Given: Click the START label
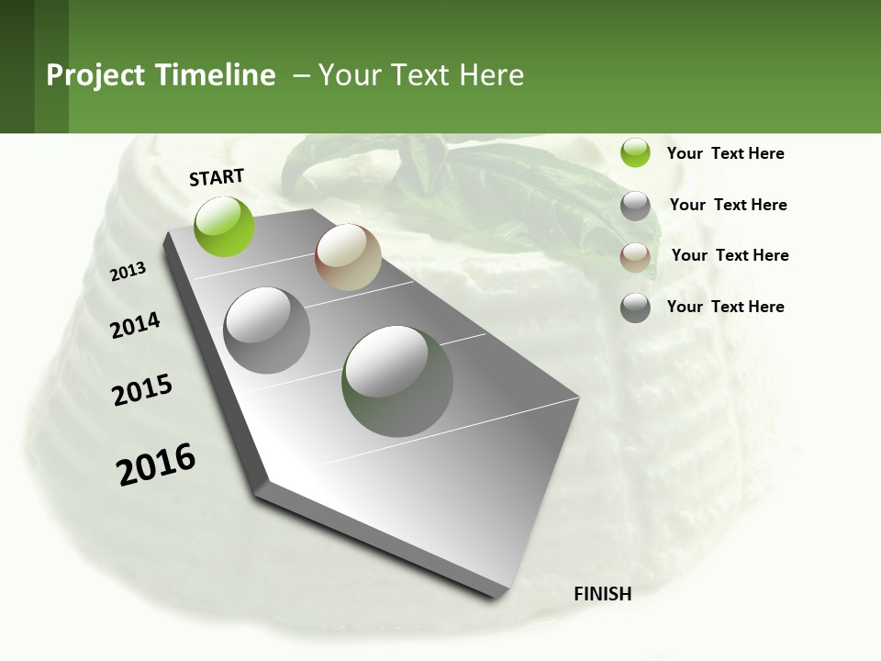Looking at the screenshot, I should tap(217, 177).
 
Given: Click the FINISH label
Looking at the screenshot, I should tap(602, 594).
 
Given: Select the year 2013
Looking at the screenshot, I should tap(128, 271).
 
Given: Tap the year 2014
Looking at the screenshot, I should tap(135, 325).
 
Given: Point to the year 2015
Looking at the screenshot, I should tap(142, 390).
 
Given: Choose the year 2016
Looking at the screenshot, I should tap(156, 465).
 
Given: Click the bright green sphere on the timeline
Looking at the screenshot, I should tap(225, 226).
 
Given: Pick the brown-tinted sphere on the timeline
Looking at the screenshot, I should tap(348, 257).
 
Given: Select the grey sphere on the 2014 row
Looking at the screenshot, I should tap(267, 330).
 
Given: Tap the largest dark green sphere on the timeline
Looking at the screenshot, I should tap(397, 381).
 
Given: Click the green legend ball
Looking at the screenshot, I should tap(635, 152).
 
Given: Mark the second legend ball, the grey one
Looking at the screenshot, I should tap(635, 206).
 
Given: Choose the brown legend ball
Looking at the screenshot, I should tap(635, 257).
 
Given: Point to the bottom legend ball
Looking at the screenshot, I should tap(635, 308).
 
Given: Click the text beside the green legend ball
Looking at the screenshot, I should tap(725, 153).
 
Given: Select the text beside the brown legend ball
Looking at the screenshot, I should tap(730, 255).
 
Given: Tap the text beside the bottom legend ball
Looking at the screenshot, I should tap(725, 307).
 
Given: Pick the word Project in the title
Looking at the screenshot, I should tap(95, 75).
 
